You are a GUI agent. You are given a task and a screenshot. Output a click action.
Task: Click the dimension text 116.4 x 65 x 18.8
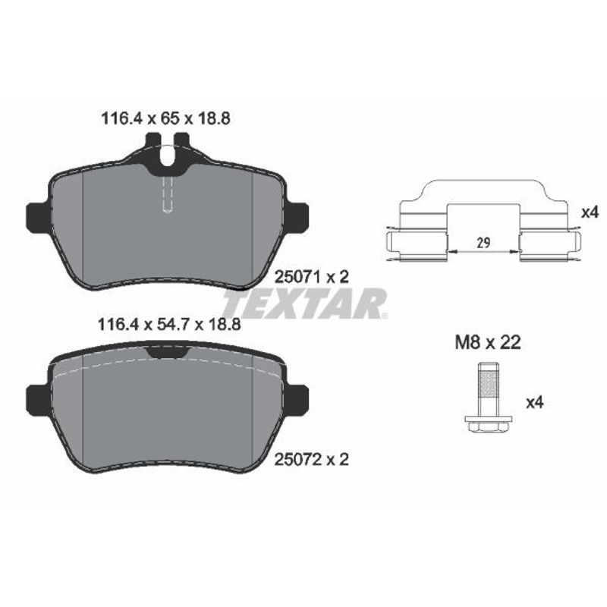[x=165, y=118]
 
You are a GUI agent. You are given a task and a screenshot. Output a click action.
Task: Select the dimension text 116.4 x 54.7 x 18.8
[x=169, y=325]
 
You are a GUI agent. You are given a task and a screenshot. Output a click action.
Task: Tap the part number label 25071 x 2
[x=312, y=277]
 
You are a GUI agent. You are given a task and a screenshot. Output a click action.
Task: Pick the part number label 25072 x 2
[x=312, y=460]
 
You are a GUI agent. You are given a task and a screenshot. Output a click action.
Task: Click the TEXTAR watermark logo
[x=305, y=303]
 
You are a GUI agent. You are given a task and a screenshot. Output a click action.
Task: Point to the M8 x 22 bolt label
[x=488, y=343]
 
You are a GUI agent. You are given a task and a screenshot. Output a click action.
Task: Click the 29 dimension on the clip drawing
[x=483, y=243]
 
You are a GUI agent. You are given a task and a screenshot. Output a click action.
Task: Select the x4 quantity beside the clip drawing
[x=590, y=212]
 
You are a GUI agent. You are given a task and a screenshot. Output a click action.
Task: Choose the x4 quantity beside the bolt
[x=535, y=403]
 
